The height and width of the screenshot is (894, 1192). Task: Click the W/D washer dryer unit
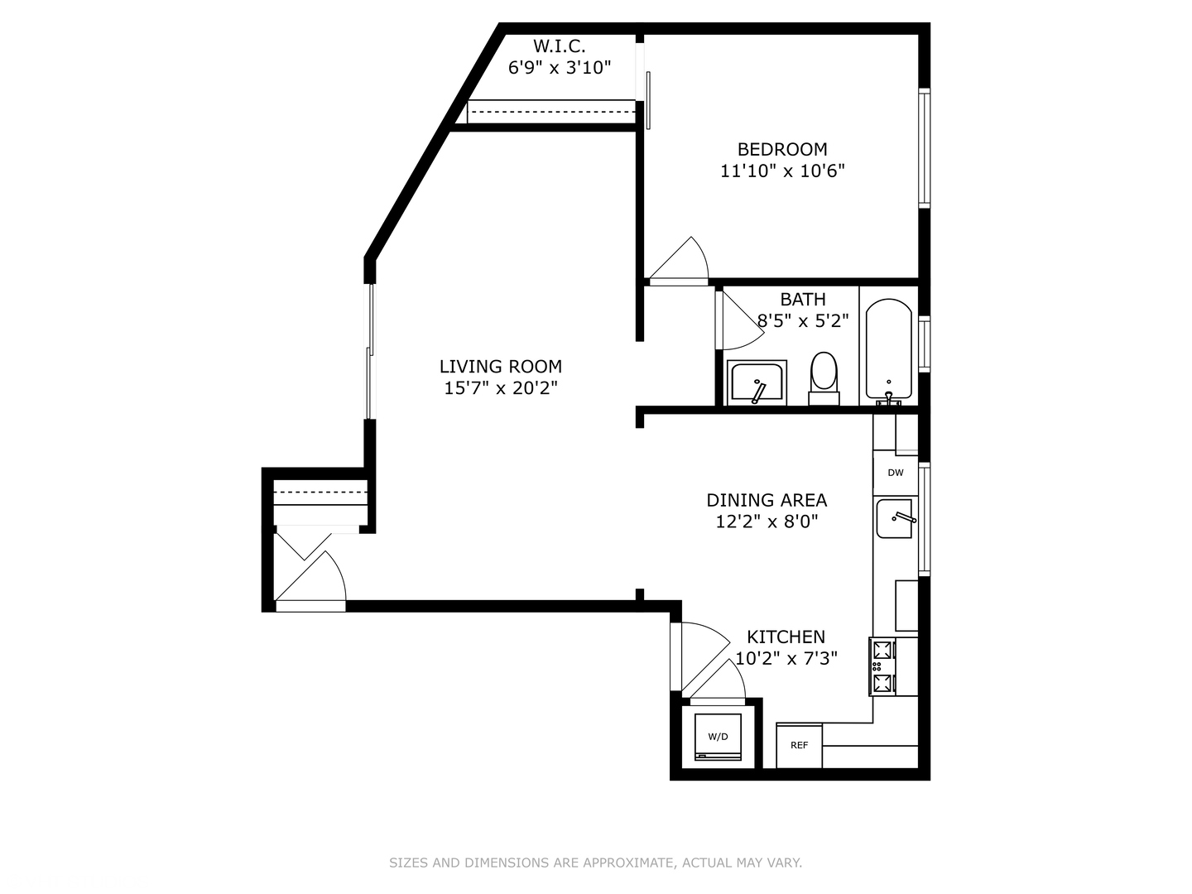tap(718, 736)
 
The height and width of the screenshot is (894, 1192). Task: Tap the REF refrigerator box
tap(799, 745)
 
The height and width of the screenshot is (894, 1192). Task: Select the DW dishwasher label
tap(896, 473)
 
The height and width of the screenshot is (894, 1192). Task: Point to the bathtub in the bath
tap(888, 349)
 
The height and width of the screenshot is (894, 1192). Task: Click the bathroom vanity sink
tap(757, 383)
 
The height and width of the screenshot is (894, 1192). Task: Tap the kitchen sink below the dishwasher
tap(895, 519)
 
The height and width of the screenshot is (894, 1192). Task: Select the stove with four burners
tap(882, 666)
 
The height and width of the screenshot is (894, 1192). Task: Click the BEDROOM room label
tap(782, 150)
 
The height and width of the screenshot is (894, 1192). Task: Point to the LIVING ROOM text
tap(500, 367)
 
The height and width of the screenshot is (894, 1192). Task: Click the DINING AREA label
tap(767, 500)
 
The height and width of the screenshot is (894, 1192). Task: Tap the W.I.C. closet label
tap(559, 46)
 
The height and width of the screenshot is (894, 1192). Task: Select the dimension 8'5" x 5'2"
tap(803, 321)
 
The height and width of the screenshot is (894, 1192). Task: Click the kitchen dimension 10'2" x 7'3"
tap(786, 658)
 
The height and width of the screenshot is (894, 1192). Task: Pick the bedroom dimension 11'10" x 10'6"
tap(782, 171)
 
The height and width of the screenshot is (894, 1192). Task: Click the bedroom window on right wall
tap(925, 147)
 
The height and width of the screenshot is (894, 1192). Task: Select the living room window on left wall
tap(371, 352)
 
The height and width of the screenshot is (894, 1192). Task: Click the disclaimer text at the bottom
tap(595, 863)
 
